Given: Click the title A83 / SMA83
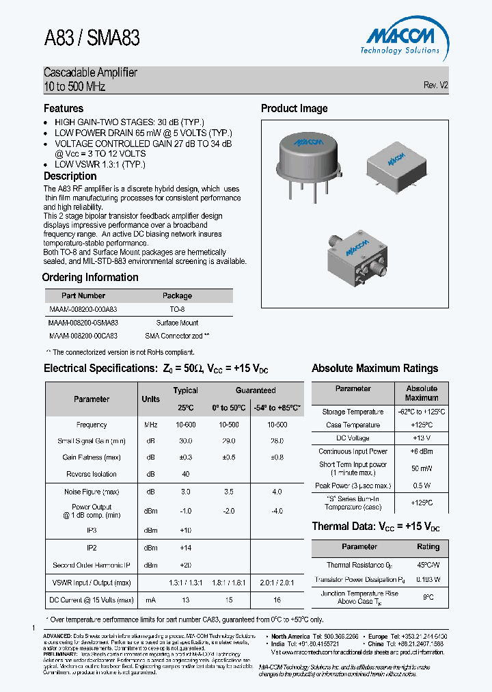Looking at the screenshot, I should tap(92, 38).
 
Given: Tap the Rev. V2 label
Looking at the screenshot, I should tap(435, 85).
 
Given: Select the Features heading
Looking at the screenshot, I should tap(64, 109).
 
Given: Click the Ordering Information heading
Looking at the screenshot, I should tap(90, 278).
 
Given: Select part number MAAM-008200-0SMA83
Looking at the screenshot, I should tap(83, 323).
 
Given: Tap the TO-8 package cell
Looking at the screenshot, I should tap(177, 309).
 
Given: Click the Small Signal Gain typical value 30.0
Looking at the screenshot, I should tap(185, 441).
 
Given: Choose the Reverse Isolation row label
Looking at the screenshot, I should tap(92, 474).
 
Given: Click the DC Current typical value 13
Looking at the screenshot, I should tap(185, 600).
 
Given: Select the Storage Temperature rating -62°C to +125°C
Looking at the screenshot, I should tap(422, 412).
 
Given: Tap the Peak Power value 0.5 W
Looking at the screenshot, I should tap(422, 486).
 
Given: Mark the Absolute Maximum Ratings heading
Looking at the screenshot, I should tap(374, 369).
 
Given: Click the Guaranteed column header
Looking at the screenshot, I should tap(256, 390).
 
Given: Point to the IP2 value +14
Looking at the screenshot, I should tap(185, 548).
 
